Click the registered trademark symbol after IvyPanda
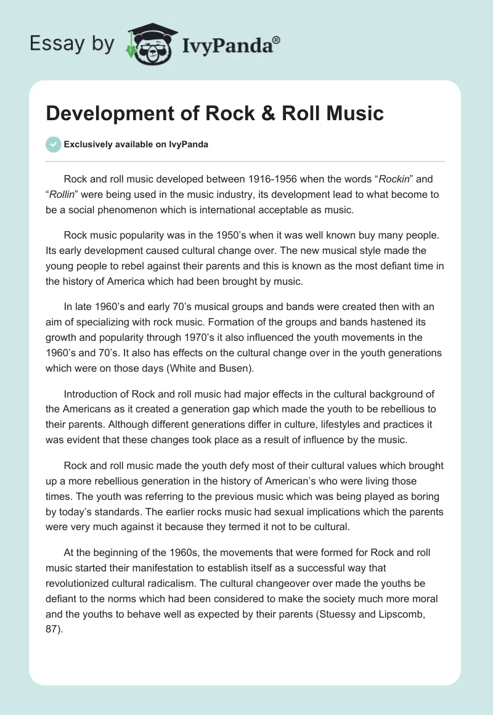pyautogui.click(x=276, y=39)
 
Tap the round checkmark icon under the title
pyautogui.click(x=53, y=144)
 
